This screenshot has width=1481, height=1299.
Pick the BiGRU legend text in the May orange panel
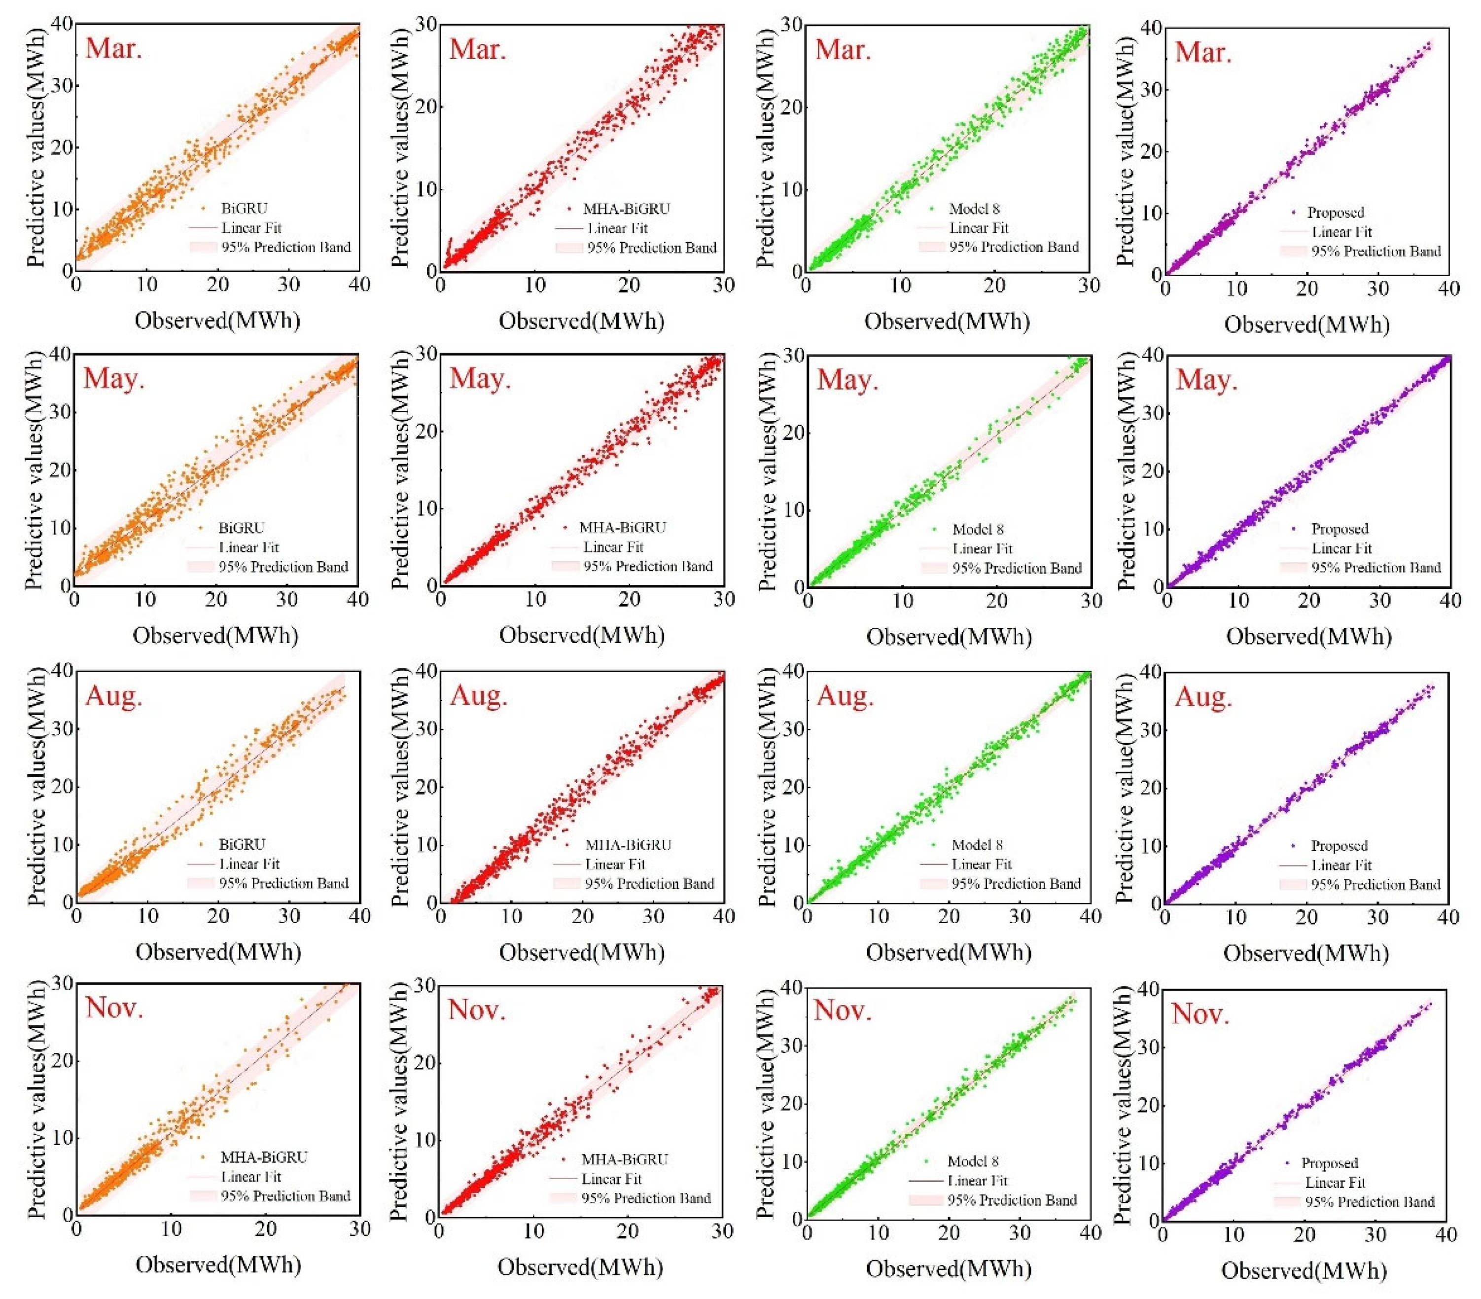pos(242,528)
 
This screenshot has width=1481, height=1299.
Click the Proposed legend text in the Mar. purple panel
pos(1336,213)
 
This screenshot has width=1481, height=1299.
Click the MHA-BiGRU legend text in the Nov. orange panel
pos(264,1157)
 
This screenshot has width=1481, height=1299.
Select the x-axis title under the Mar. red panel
pos(581,321)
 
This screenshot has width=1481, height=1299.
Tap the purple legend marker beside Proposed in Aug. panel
pos(1293,846)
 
